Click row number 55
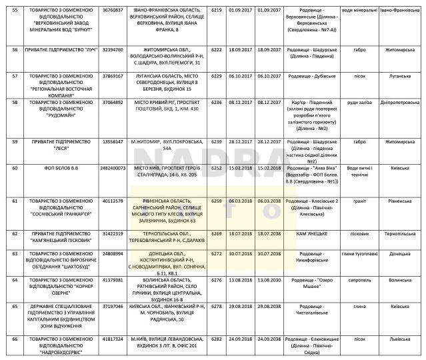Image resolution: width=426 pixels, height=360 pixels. tap(15, 11)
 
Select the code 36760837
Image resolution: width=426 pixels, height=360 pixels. tap(113, 11)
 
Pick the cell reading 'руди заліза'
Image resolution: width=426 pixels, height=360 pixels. tap(358, 103)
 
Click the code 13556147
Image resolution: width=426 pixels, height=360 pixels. tap(113, 142)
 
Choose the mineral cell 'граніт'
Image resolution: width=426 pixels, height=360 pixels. tap(358, 201)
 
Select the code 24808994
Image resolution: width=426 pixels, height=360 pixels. tap(113, 254)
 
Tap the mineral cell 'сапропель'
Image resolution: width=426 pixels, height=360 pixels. tap(358, 280)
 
